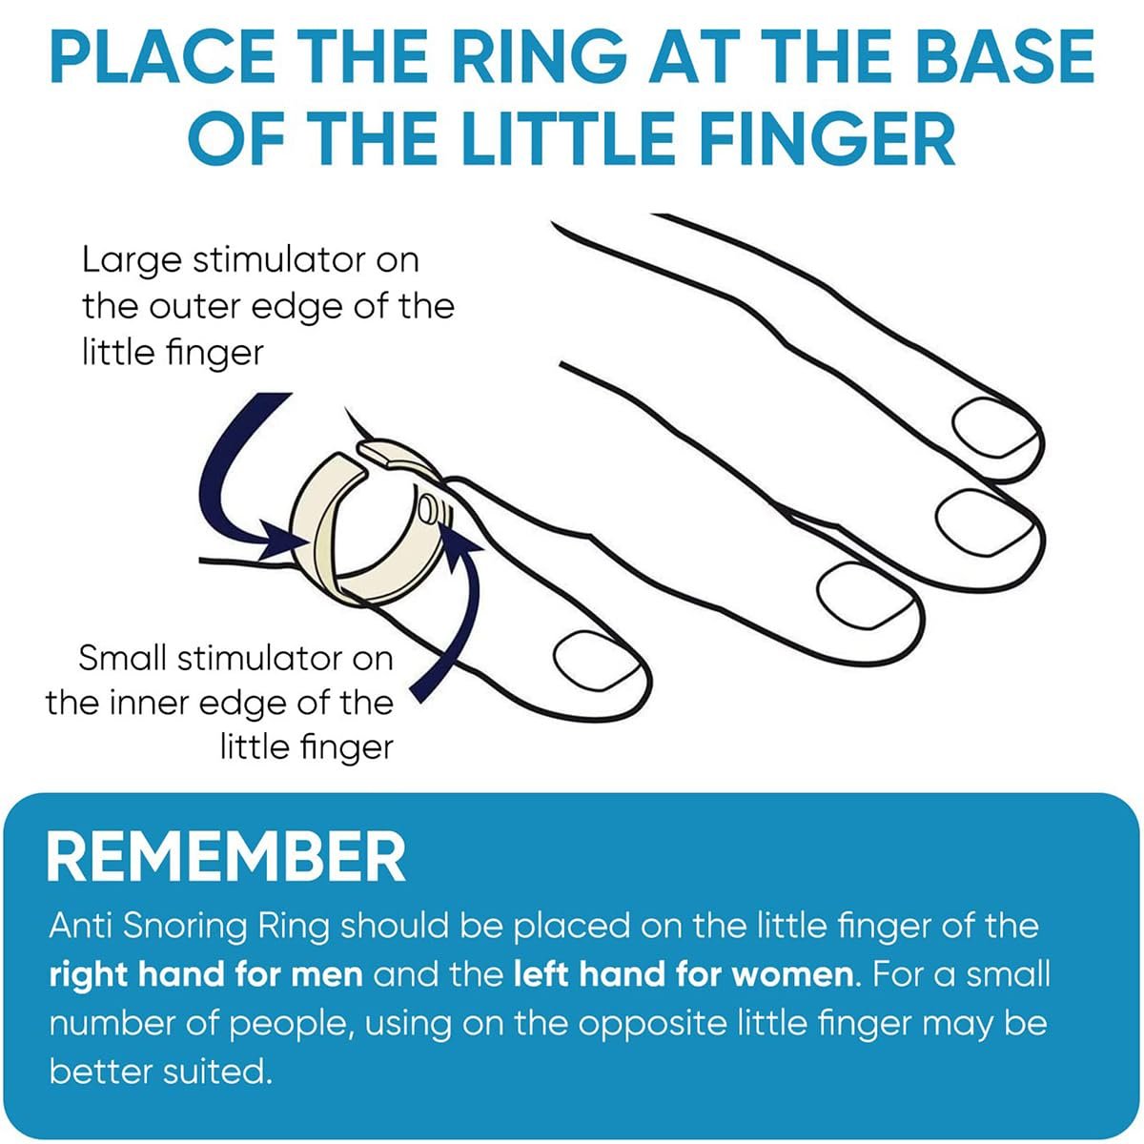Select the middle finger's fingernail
tap(986, 523)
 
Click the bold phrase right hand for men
tap(206, 975)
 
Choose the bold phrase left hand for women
tap(684, 975)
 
